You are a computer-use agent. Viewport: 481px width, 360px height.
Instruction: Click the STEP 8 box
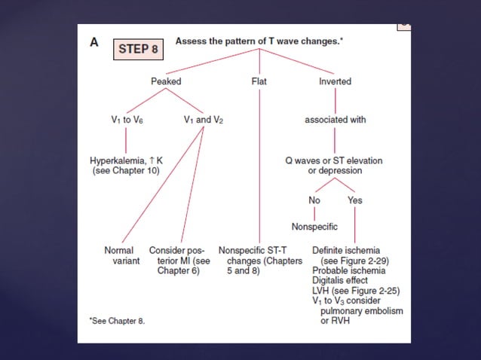click(138, 50)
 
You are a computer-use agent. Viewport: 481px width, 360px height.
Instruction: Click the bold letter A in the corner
click(94, 43)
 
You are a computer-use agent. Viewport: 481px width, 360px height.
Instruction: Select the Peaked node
click(166, 81)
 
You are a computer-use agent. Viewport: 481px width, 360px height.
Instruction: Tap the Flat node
click(259, 81)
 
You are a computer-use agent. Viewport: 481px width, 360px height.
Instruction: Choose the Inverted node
click(335, 81)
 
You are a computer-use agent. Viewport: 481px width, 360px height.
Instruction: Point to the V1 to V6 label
click(125, 120)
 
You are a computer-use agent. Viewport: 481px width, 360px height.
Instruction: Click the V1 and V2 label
click(204, 120)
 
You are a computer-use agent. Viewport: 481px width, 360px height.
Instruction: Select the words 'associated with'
click(335, 120)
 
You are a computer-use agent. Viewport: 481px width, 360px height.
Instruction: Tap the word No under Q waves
click(314, 200)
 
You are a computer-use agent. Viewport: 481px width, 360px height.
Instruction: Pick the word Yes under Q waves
click(355, 200)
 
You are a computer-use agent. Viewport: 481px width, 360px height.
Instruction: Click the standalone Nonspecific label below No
click(314, 227)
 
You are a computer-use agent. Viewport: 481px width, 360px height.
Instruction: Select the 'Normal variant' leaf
click(120, 255)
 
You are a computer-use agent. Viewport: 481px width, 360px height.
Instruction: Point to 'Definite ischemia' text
click(346, 250)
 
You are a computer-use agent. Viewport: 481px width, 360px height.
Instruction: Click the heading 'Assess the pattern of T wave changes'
click(259, 41)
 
